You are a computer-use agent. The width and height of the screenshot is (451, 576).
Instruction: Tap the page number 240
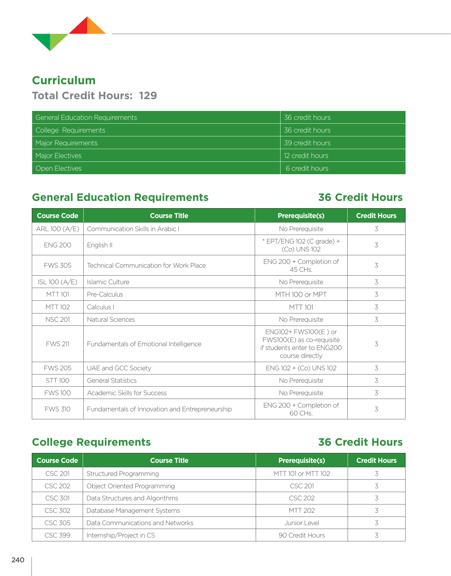coord(18,560)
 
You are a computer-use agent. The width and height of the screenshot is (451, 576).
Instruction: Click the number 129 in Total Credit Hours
coord(148,96)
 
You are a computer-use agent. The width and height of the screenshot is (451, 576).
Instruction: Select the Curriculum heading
coord(64,80)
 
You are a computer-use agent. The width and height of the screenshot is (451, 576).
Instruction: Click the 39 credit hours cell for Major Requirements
coord(307,143)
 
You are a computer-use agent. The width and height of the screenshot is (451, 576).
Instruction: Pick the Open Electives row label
coord(59,168)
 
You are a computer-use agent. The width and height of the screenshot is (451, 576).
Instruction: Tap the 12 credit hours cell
coord(306,156)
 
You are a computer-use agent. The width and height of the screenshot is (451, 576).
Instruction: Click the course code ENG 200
coord(58,245)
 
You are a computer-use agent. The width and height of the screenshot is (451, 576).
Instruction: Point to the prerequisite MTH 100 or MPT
coord(301,294)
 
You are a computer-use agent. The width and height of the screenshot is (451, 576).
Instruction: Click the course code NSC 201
coord(58,319)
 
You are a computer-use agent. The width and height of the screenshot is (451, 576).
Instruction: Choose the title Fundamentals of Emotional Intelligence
coord(144,344)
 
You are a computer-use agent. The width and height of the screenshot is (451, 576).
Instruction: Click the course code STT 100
coord(58,381)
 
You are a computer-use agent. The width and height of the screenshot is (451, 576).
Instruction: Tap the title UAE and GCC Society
coord(119,368)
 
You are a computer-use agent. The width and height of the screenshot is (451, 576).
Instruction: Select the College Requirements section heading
coord(92,442)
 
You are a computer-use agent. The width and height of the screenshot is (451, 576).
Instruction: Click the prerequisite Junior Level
coord(302,523)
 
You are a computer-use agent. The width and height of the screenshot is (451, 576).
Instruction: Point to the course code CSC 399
coord(57,535)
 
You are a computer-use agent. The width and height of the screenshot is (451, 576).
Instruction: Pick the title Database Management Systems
coord(133,511)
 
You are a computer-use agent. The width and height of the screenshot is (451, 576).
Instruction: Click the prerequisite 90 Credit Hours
coord(302,535)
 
